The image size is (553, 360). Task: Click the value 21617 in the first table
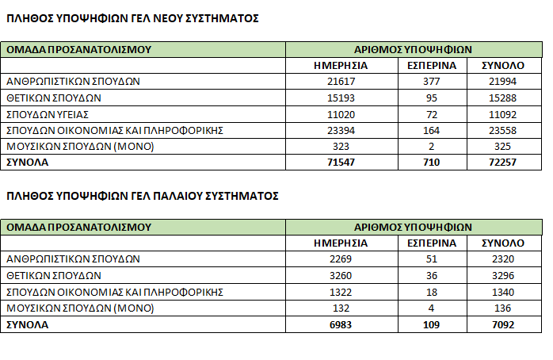[x=341, y=82]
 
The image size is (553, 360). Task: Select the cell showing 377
[x=432, y=82]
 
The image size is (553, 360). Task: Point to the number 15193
[x=341, y=98]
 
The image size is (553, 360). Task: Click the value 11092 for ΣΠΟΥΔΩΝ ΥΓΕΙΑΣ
[x=504, y=114]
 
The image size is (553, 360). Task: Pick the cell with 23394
[x=341, y=130]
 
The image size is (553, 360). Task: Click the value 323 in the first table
[x=341, y=147]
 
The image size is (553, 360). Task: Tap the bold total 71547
[x=341, y=163]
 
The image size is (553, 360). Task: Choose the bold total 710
[x=432, y=163]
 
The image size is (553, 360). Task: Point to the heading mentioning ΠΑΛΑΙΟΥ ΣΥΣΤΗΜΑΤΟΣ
[x=143, y=195]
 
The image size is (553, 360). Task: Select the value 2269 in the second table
[x=341, y=259]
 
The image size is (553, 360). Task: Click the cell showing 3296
[x=504, y=276]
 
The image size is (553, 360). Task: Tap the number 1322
[x=341, y=292]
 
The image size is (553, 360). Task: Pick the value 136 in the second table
[x=504, y=308]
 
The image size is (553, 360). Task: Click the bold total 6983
[x=341, y=324]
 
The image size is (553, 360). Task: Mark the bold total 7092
[x=504, y=324]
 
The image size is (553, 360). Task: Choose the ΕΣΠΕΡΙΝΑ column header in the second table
[x=432, y=243]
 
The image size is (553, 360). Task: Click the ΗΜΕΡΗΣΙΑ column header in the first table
[x=341, y=65]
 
